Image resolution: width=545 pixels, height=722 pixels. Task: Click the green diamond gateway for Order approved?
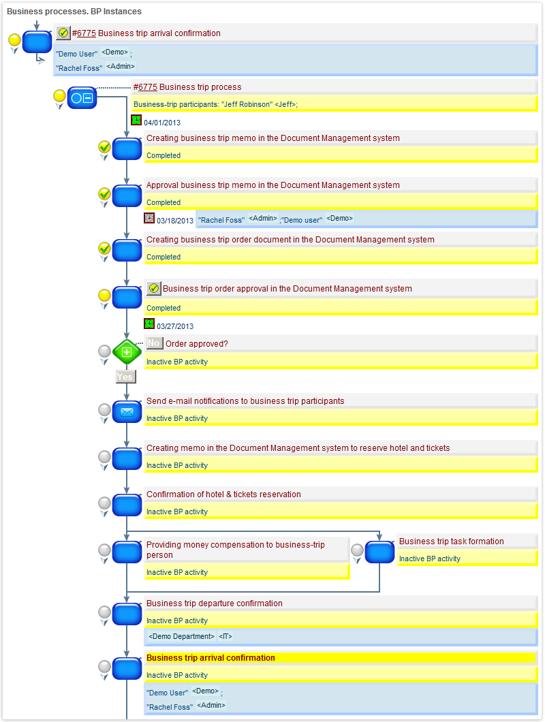coord(127,352)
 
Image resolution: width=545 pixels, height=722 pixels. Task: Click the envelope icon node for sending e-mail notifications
coord(127,411)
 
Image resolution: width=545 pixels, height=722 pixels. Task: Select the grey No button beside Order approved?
coord(154,343)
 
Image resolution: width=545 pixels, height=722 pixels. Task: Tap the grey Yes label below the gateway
coord(125,377)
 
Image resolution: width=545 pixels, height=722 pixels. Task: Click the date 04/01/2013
coord(162,123)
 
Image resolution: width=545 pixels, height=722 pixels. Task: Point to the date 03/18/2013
coord(175,221)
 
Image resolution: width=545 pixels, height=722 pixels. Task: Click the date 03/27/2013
coord(175,326)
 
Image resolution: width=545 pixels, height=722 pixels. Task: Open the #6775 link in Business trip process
coord(145,87)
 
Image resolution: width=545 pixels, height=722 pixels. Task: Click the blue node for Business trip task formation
coord(379,552)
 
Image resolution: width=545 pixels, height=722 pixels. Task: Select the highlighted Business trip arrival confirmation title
coord(211,658)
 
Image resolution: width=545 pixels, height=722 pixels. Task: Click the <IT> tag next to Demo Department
coord(225,636)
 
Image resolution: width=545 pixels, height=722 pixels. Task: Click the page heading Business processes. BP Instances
coord(74,12)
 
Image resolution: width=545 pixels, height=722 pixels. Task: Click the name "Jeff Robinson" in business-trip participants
coord(246,104)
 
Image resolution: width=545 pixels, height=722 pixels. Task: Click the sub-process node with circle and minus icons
coord(81,99)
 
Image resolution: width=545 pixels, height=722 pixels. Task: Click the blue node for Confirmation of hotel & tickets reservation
coord(127,505)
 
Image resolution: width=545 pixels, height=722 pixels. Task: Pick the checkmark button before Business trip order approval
coord(153,289)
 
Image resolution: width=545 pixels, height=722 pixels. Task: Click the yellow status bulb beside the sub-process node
coord(59,96)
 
